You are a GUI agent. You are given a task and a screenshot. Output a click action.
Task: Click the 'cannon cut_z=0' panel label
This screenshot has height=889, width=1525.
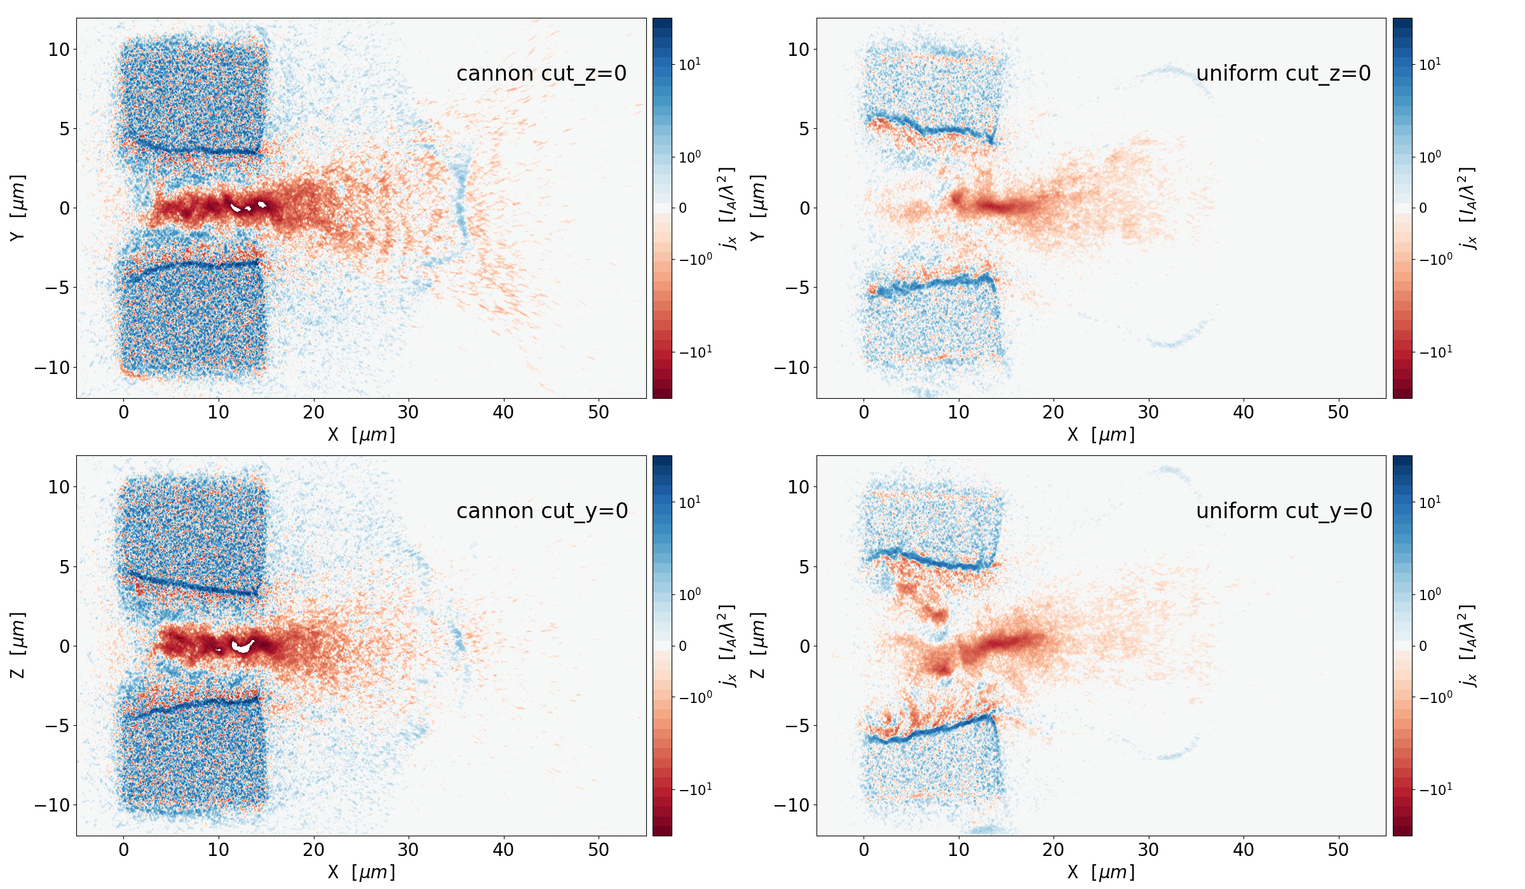541,74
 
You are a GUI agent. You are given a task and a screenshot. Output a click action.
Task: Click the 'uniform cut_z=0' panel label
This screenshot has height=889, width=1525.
1283,74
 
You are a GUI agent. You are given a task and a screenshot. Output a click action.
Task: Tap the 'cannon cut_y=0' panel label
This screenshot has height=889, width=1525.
542,511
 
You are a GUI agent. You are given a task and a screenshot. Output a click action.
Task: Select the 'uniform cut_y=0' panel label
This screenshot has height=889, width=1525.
1284,511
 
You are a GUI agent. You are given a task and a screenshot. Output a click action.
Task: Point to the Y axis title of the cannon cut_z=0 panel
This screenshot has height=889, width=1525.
18,208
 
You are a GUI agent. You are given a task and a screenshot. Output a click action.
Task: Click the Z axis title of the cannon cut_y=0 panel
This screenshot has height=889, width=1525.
18,645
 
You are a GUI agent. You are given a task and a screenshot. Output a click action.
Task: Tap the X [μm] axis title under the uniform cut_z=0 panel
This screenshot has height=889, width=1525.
1101,434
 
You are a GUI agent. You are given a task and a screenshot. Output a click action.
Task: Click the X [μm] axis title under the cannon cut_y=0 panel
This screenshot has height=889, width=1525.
361,872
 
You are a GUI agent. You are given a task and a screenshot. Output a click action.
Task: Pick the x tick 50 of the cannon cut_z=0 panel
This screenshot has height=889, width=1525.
598,413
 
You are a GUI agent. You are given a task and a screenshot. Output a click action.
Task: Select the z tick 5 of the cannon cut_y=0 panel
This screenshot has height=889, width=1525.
64,566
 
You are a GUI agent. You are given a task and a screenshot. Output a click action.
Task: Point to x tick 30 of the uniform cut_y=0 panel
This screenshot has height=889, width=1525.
1148,850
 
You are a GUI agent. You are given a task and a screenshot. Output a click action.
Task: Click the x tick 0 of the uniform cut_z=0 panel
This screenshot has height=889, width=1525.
864,413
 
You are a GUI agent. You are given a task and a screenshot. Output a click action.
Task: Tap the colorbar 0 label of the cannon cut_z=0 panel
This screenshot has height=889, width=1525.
682,208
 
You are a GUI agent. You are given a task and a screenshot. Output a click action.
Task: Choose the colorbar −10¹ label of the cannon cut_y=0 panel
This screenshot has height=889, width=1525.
696,789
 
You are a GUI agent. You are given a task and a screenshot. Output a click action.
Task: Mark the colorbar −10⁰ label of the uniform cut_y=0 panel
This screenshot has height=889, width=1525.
1435,697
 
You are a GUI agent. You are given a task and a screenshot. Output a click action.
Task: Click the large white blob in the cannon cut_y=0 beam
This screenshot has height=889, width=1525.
243,646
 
